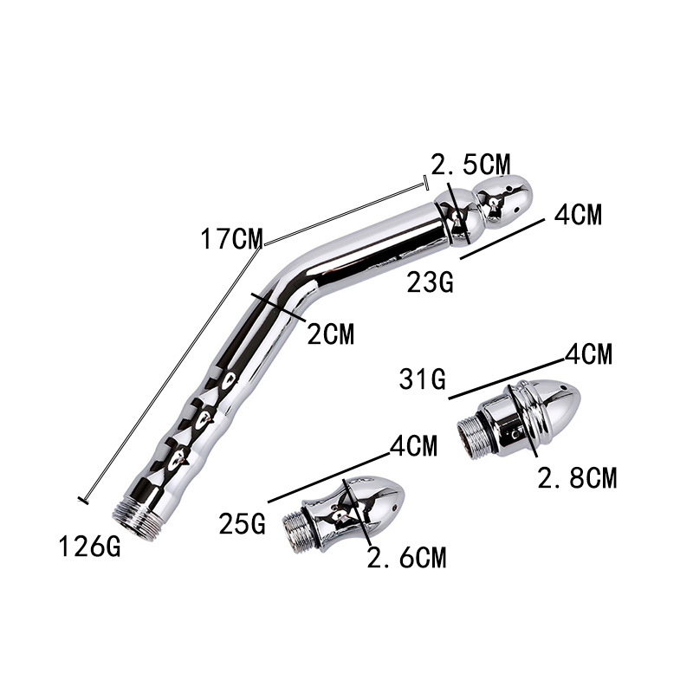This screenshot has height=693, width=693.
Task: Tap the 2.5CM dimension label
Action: pyautogui.click(x=472, y=163)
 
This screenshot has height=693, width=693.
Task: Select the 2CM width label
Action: pyautogui.click(x=331, y=334)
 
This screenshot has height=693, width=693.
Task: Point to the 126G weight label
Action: pyautogui.click(x=90, y=547)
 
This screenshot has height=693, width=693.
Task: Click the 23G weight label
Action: pyautogui.click(x=431, y=282)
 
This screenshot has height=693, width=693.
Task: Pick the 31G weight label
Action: pyautogui.click(x=423, y=379)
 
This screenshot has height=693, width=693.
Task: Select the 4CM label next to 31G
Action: pyautogui.click(x=588, y=353)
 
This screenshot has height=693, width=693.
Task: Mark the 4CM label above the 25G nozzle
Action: pyautogui.click(x=411, y=447)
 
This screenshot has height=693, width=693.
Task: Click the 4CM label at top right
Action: pyautogui.click(x=577, y=214)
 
